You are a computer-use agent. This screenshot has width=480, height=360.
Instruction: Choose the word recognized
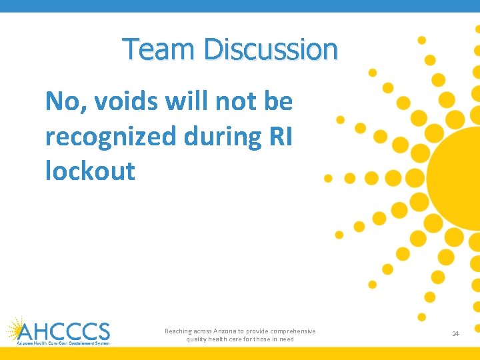coord(107,137)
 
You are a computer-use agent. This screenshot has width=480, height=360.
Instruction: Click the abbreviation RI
coord(279,137)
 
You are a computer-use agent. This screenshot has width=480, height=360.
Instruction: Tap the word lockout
coord(90,171)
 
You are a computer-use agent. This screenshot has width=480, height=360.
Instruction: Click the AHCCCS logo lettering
coord(65,331)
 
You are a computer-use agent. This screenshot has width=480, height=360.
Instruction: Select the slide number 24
coord(456,333)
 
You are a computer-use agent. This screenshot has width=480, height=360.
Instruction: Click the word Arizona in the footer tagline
coord(224,331)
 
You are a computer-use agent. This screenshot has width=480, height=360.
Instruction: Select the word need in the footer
coord(286,339)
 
